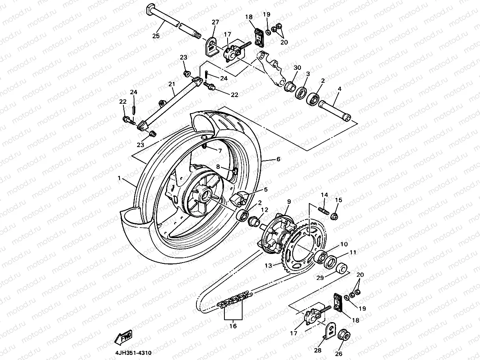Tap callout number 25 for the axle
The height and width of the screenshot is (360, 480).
[156, 36]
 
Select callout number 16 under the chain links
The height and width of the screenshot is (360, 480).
[233, 326]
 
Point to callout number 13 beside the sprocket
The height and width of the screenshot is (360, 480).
[268, 266]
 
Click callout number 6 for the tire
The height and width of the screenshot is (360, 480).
[278, 159]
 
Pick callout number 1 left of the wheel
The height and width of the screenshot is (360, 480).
[119, 178]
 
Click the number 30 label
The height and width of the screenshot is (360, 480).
[297, 68]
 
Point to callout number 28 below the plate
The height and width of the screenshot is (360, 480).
[318, 350]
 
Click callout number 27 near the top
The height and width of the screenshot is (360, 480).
[215, 22]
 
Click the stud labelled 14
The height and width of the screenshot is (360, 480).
[324, 208]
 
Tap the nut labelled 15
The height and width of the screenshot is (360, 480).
[334, 216]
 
